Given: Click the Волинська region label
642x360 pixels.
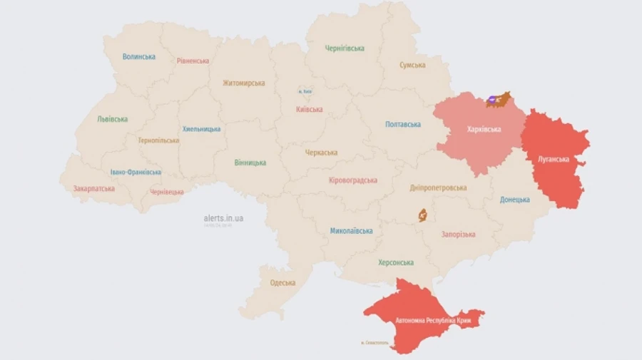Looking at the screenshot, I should tap(138, 56).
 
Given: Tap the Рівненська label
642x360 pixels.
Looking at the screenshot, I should tap(193, 61).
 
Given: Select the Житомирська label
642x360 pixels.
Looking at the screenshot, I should tap(243, 83).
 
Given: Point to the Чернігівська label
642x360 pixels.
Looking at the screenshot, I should tap(345, 48).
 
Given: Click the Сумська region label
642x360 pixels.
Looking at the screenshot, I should tap(412, 65).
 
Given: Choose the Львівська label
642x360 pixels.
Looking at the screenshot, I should tap(112, 119).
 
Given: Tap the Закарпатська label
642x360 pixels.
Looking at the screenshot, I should tap(93, 189).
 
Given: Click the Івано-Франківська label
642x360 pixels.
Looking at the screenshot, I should tap(136, 172).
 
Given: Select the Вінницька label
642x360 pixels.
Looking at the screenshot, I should tap(250, 163).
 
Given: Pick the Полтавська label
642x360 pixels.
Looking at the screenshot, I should tap(403, 124).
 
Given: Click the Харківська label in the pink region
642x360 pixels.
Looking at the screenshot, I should tap(484, 129).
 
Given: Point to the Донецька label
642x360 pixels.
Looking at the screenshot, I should tap(514, 200).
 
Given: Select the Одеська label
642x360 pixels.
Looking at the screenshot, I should tap(282, 283).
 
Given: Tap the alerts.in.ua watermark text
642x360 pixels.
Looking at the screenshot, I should tap(223, 218).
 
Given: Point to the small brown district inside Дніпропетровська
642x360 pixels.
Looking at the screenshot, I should tap(422, 214).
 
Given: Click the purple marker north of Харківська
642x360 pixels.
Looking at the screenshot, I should tap(493, 100).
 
